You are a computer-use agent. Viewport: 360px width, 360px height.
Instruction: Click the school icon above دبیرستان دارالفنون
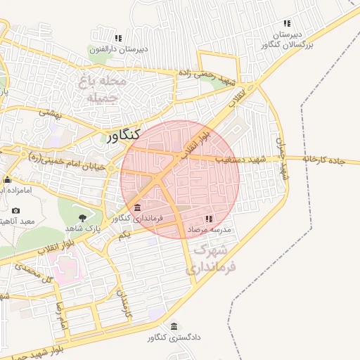pos(118,38)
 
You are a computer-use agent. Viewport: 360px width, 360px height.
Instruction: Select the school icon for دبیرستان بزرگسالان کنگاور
pos(286,23)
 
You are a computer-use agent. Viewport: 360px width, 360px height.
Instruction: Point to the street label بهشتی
pos(51,112)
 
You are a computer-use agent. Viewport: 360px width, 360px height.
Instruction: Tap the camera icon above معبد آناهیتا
pos(15,210)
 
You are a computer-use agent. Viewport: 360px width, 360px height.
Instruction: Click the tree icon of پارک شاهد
pos(83,217)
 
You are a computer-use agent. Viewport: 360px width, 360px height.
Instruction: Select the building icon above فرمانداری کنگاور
pos(136,207)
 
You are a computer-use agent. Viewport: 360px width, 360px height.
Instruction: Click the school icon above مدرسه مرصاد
pos(209,219)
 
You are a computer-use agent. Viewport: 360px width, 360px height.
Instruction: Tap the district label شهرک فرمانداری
pos(211,259)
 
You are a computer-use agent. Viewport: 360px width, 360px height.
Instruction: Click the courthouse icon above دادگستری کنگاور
pos(174,326)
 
